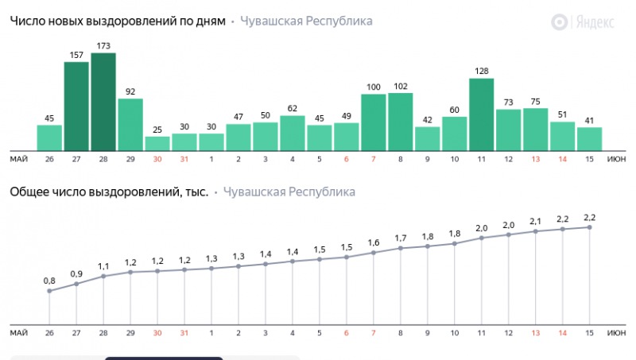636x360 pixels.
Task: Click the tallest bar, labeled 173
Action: click(103, 102)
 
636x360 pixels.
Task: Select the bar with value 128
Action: click(482, 114)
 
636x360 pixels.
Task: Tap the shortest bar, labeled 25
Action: click(157, 143)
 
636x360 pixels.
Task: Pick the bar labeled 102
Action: click(401, 122)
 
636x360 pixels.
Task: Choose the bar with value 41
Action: click(590, 139)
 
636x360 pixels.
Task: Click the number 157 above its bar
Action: click(76, 55)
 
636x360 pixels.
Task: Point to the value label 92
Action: click(130, 91)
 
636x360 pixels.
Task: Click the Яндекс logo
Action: click(584, 22)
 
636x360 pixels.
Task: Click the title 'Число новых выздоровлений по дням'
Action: click(118, 21)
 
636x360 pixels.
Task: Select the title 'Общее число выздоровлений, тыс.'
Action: click(109, 192)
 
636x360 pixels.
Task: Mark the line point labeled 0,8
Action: click(49, 291)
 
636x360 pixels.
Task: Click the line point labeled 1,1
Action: click(103, 277)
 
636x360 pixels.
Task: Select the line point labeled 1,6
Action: click(374, 253)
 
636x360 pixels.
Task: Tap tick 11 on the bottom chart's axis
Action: click(482, 333)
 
